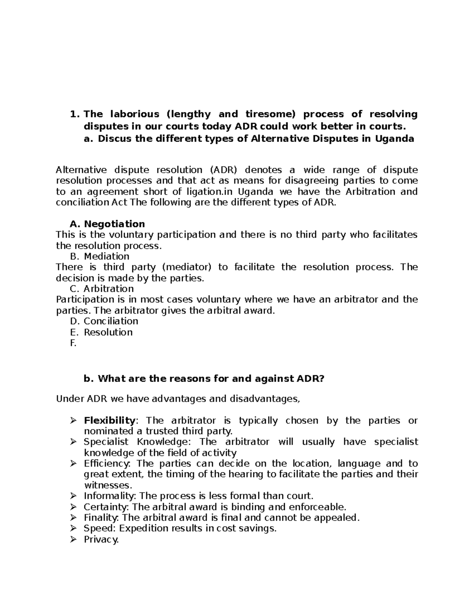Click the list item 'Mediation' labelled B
106,257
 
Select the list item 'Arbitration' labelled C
109,289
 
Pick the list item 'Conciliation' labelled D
111,321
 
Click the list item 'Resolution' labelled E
108,332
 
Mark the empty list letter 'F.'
73,343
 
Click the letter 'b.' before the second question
88,379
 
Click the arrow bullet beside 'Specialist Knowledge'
73,442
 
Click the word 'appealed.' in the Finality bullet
340,518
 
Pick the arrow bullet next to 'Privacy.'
73,539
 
